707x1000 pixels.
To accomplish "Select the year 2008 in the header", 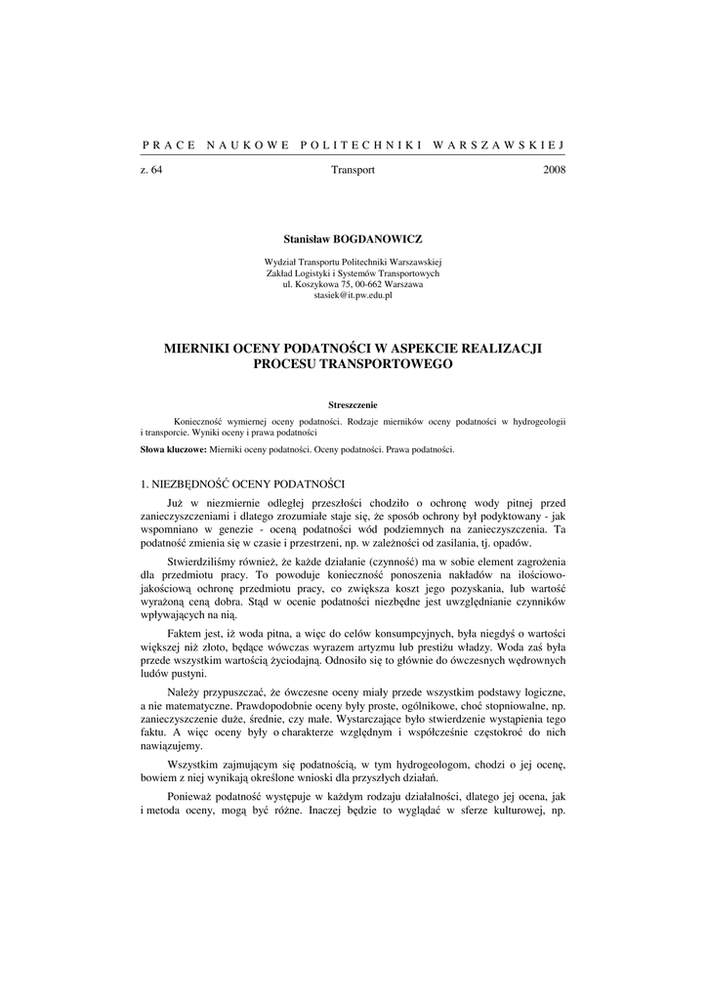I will click(553, 170).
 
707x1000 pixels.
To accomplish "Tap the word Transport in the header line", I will click(353, 170).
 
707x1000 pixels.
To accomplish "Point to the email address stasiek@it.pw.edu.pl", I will click(353, 294).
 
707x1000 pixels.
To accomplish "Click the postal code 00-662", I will click(363, 284).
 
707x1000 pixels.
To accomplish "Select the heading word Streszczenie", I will click(353, 404).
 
